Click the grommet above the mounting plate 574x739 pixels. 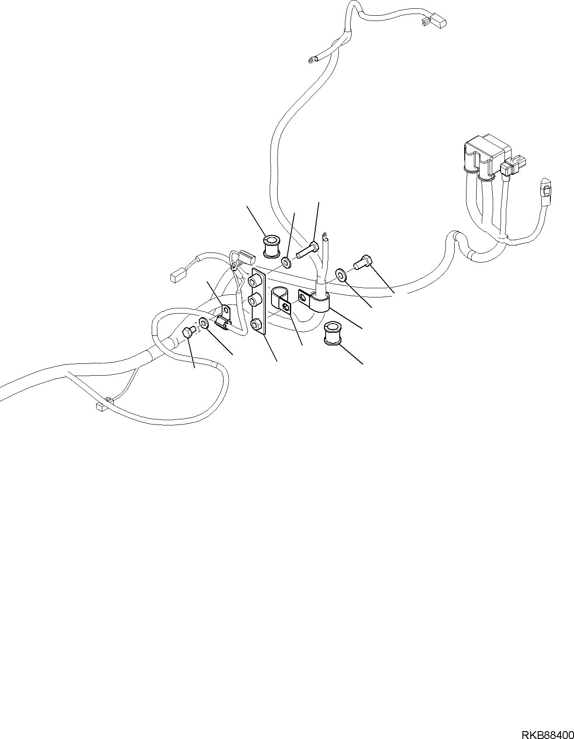[272, 246]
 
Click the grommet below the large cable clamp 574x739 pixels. [333, 334]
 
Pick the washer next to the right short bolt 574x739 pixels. [340, 275]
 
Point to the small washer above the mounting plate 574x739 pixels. [286, 263]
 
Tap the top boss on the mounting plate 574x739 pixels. [254, 280]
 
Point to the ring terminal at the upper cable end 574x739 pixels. [312, 59]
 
